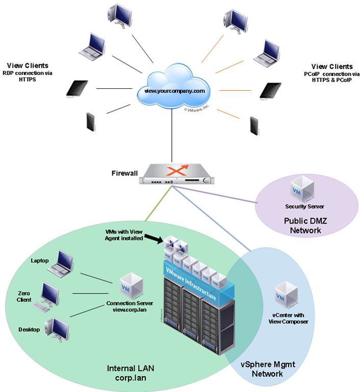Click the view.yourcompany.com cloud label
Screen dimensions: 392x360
174,91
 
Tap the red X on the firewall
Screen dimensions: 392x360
175,169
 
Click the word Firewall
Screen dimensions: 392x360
124,174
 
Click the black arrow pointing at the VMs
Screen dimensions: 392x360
153,237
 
